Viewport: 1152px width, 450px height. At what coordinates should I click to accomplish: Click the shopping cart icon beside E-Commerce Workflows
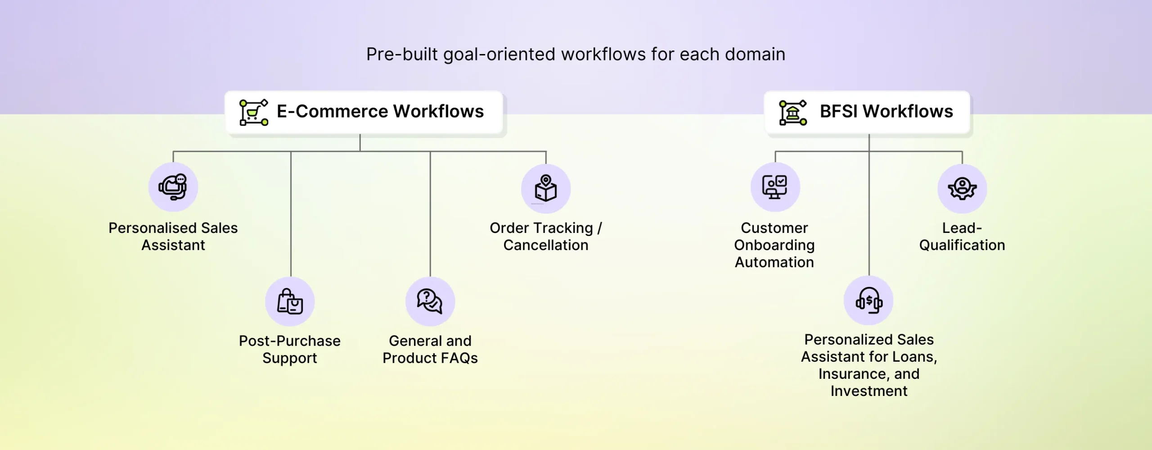pos(253,112)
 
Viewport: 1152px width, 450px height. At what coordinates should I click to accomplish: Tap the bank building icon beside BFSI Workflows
pos(792,112)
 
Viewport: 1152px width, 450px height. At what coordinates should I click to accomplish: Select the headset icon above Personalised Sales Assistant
pos(173,187)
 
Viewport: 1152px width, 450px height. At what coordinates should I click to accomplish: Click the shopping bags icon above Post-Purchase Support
pos(290,301)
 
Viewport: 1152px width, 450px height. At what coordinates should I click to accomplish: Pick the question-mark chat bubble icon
pos(430,301)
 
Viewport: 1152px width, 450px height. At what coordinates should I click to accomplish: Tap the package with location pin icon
pos(545,188)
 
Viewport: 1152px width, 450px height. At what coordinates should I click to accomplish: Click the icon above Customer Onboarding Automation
pos(774,187)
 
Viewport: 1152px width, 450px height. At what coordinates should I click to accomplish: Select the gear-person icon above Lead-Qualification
pos(962,188)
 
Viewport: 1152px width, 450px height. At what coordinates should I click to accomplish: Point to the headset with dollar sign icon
pos(868,300)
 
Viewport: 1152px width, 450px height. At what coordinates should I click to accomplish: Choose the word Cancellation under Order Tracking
pos(545,245)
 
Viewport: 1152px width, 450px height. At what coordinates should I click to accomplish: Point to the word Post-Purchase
pos(290,341)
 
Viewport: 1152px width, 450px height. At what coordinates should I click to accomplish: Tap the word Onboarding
pos(774,245)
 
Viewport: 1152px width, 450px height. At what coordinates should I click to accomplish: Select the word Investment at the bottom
pos(869,391)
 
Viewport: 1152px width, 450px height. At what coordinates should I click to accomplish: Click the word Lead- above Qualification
pos(962,228)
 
